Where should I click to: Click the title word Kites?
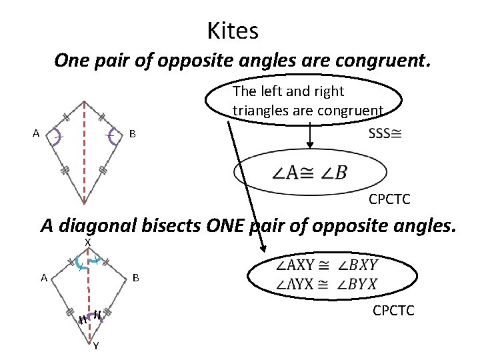[233, 31]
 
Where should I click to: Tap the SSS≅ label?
[385, 133]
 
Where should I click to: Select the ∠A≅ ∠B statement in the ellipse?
[309, 173]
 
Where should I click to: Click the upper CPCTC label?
[389, 199]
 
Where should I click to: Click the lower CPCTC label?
[393, 310]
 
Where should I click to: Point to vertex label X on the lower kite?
[87, 243]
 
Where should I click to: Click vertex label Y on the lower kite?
[96, 346]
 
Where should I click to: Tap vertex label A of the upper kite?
[36, 133]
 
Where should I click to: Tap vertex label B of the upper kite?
[133, 134]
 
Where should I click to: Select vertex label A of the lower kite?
[43, 278]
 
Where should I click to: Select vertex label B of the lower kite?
[136, 277]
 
